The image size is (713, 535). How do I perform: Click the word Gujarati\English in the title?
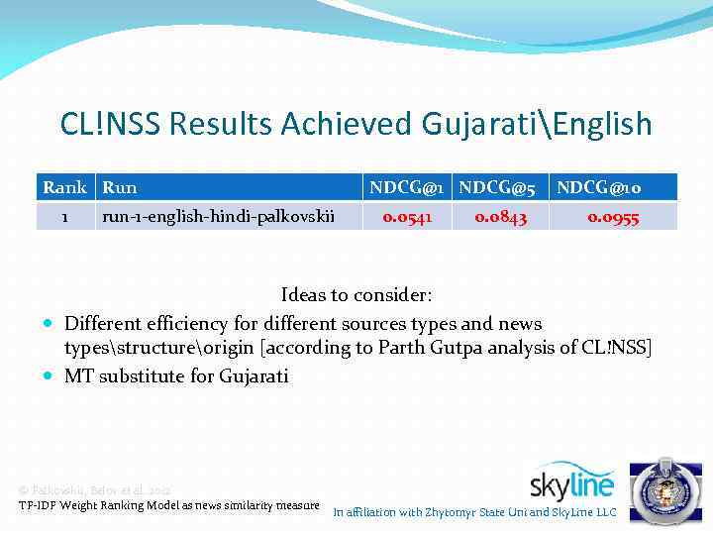pos(536,125)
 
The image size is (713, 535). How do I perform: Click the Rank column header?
pos(64,187)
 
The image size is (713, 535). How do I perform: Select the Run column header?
pos(120,187)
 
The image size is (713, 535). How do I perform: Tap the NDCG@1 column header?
pos(409,187)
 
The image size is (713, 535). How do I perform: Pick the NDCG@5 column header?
pos(498,187)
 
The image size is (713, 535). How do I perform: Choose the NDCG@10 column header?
pos(613,187)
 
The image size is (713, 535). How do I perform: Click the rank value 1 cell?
pos(64,216)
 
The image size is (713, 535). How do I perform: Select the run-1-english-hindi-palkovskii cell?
pos(218,216)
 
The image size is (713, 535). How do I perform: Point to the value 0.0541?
pos(408,216)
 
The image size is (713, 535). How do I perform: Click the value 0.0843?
pos(500,216)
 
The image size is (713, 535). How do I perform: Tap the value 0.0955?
pos(613,216)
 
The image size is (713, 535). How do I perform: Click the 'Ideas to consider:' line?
pos(356,295)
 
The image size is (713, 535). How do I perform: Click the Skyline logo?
pos(571,482)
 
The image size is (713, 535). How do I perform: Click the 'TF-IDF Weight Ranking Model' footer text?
pos(168,505)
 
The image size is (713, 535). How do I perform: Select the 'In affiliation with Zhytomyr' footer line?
pos(474,512)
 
